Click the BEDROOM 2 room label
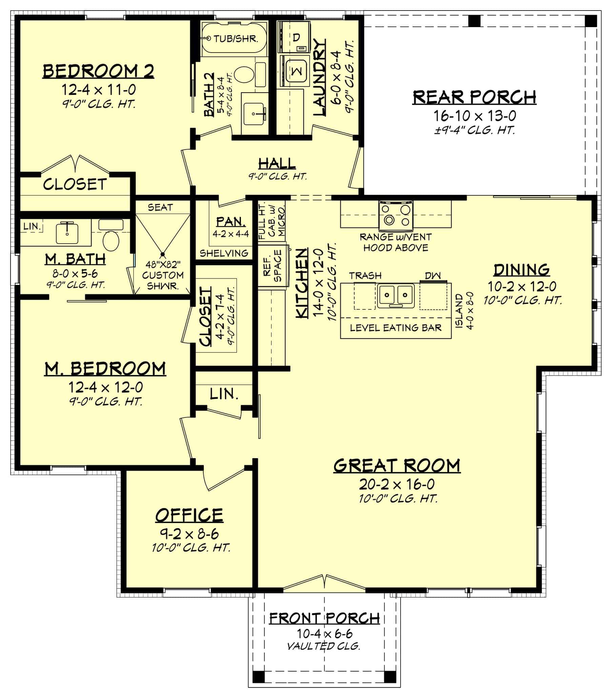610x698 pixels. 98,71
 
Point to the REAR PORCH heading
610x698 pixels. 474,97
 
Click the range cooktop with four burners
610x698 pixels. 395,215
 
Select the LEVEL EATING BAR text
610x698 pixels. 395,328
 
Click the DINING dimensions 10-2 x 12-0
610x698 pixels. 522,287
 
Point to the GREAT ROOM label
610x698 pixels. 397,466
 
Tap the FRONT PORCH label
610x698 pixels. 324,618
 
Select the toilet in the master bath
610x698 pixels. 110,240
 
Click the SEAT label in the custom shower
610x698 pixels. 160,207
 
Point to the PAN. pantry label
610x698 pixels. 231,222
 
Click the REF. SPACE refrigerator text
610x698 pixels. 272,266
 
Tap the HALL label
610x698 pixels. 277,163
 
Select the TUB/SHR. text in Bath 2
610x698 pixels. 235,38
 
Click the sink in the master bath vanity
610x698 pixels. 67,233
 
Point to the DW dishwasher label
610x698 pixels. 433,275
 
